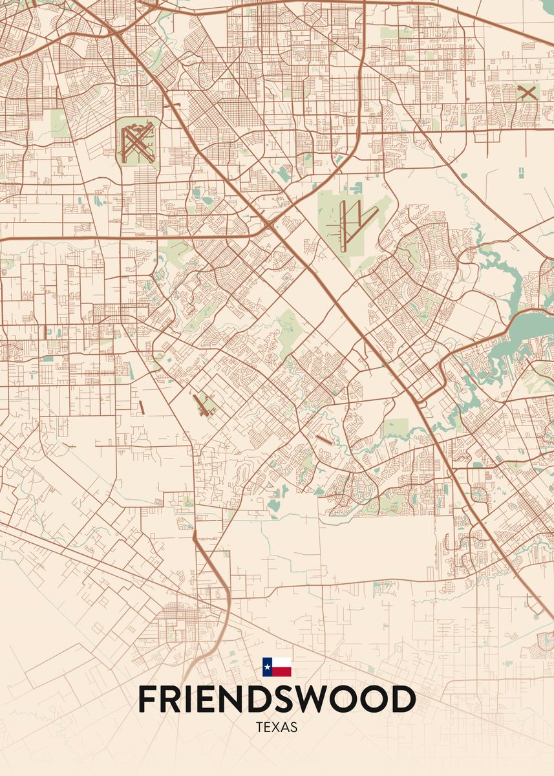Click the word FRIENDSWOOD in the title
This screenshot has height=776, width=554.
[x=277, y=699]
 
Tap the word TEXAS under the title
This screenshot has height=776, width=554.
[x=277, y=727]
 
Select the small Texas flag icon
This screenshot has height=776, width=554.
[x=277, y=667]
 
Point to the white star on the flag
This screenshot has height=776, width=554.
[x=267, y=667]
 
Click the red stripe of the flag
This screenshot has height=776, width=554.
[x=282, y=672]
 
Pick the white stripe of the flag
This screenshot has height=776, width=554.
[x=282, y=662]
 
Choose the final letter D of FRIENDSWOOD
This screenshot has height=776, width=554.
[x=404, y=699]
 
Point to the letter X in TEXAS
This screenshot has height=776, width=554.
[x=277, y=727]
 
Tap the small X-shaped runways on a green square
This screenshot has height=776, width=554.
[x=527, y=92]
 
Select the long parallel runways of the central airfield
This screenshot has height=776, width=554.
[x=348, y=223]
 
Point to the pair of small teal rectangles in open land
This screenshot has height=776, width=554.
[x=520, y=173]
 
